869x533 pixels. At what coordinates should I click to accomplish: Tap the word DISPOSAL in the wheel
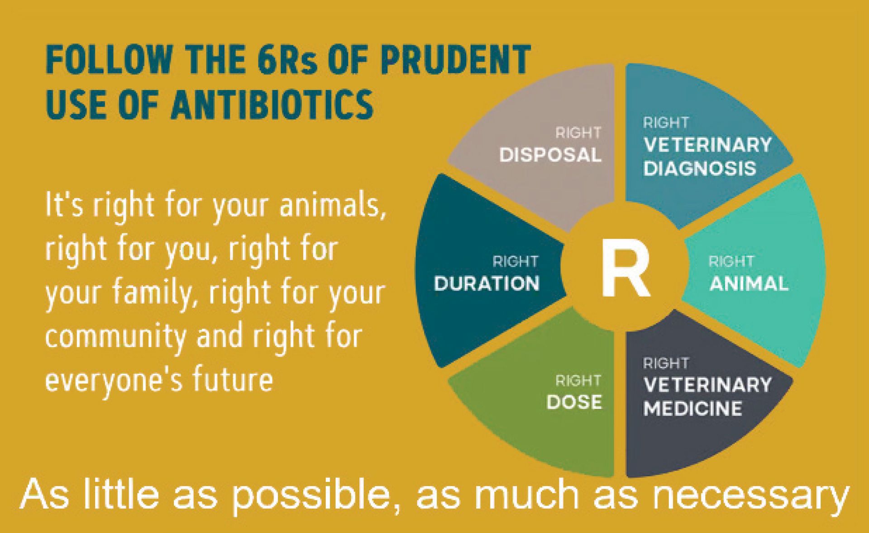pyautogui.click(x=550, y=155)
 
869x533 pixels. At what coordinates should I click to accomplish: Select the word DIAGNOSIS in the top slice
pyautogui.click(x=700, y=169)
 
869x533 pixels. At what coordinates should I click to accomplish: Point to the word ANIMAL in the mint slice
pyautogui.click(x=749, y=284)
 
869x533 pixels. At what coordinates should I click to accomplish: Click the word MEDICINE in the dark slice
pyautogui.click(x=693, y=409)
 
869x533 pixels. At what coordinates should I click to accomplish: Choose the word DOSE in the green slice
pyautogui.click(x=574, y=402)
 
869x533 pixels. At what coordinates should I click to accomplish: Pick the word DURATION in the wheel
pyautogui.click(x=487, y=284)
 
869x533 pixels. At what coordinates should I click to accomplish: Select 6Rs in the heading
pyautogui.click(x=281, y=59)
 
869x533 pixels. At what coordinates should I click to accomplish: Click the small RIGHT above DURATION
pyautogui.click(x=516, y=261)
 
